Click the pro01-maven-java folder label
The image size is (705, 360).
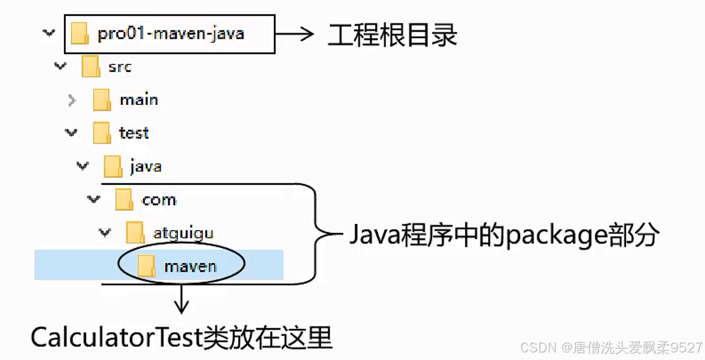171,34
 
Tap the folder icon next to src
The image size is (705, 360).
90,66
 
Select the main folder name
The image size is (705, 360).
139,99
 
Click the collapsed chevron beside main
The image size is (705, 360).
72,100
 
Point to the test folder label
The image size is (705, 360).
134,133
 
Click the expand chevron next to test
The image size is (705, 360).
72,133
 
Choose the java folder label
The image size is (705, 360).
146,166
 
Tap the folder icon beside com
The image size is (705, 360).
124,200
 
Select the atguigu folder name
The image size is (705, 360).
183,233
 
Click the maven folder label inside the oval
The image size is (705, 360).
190,266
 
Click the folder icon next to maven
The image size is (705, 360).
147,266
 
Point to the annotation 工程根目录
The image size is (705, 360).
392,34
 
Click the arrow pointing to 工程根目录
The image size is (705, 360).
295,34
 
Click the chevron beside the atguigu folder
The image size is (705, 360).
105,233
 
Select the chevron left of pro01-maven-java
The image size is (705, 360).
49,33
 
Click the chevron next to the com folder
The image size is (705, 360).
94,200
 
